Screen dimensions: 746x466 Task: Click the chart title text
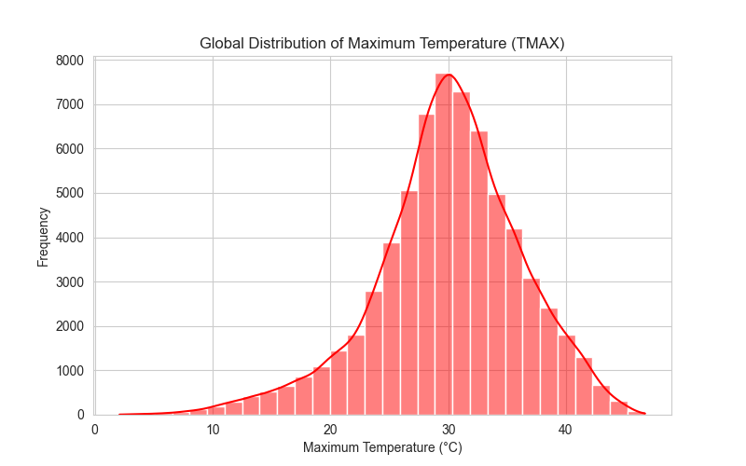pyautogui.click(x=381, y=43)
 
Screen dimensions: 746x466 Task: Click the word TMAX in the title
pyautogui.click(x=537, y=43)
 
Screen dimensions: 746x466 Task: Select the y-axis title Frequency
pyautogui.click(x=43, y=237)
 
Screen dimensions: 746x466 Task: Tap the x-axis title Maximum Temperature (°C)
pyautogui.click(x=382, y=447)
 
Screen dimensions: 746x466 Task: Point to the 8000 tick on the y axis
pyautogui.click(x=69, y=61)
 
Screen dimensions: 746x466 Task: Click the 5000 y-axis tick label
pyautogui.click(x=69, y=193)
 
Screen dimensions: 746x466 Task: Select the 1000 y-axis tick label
pyautogui.click(x=69, y=370)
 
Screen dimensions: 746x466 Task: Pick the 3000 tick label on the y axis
pyautogui.click(x=69, y=282)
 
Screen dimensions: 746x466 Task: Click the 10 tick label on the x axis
pyautogui.click(x=213, y=430)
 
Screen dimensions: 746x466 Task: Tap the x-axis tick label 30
pyautogui.click(x=449, y=430)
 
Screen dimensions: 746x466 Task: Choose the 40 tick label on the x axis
pyautogui.click(x=566, y=430)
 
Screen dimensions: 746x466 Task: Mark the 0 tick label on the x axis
pyautogui.click(x=95, y=430)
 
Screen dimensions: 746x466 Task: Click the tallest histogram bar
pyautogui.click(x=444, y=244)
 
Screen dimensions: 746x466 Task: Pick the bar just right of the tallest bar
pyautogui.click(x=461, y=254)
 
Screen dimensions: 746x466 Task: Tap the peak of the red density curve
pyautogui.click(x=449, y=75)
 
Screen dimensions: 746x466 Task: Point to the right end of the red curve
pyautogui.click(x=645, y=414)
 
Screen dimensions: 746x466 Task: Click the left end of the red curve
pyautogui.click(x=119, y=414)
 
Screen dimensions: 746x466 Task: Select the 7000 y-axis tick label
pyautogui.click(x=69, y=104)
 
